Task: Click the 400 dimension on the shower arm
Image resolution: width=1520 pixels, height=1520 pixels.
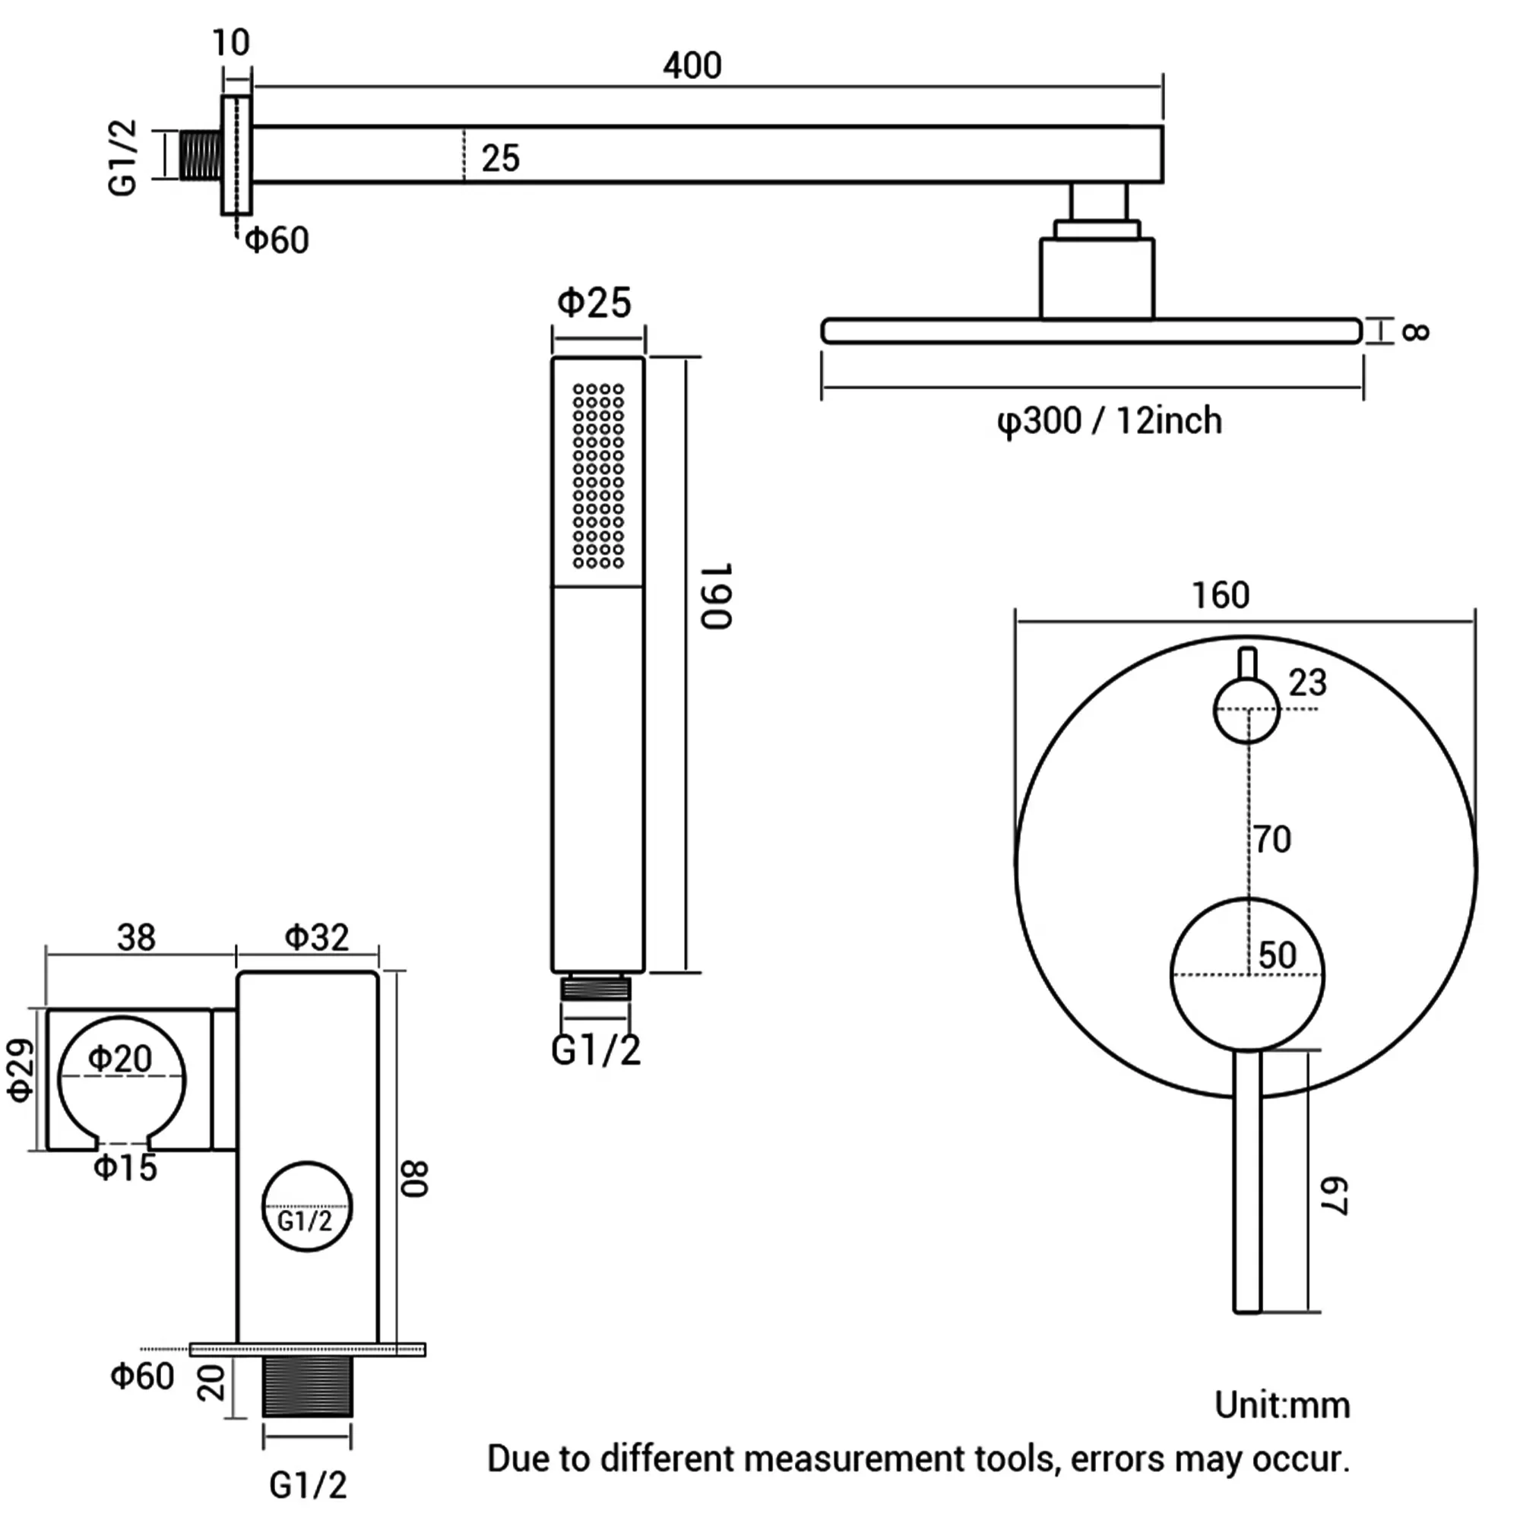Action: (692, 65)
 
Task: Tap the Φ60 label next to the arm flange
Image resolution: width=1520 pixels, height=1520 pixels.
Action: (277, 240)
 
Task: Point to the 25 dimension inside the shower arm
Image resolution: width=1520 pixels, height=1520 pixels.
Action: (500, 159)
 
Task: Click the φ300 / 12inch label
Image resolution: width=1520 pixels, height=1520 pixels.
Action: (1110, 421)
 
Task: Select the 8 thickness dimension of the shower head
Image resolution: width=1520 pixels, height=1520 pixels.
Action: (1415, 331)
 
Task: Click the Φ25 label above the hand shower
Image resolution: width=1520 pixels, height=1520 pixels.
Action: (594, 303)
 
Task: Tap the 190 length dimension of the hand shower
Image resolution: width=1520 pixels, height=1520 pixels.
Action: (717, 596)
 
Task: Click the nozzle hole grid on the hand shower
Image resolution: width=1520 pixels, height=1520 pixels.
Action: (598, 475)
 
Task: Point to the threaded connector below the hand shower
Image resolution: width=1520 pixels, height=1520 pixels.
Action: (596, 987)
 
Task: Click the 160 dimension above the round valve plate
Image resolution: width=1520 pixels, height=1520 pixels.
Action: (1221, 596)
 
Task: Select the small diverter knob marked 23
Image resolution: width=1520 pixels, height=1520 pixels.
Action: (1246, 711)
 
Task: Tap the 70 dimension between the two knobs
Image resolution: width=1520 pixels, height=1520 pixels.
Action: (1272, 840)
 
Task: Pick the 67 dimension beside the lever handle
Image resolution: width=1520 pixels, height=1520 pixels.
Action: (1335, 1195)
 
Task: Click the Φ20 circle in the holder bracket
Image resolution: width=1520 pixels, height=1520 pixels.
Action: (122, 1078)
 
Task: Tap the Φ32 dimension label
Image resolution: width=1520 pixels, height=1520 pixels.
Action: (316, 937)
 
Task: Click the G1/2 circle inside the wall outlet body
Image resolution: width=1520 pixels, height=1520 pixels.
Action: (306, 1206)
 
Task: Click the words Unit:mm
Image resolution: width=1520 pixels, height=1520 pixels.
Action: (1281, 1405)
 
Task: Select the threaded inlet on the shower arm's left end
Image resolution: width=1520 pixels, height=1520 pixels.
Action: (200, 155)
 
